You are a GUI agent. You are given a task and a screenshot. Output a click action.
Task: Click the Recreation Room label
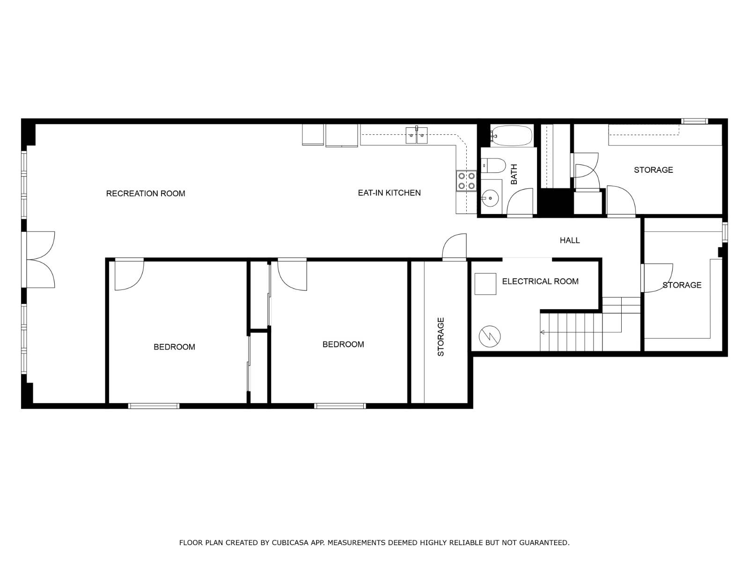[x=146, y=193]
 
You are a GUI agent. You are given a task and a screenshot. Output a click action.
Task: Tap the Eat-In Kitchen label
[x=389, y=193]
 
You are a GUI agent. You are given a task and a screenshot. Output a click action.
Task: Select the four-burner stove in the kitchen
[x=466, y=181]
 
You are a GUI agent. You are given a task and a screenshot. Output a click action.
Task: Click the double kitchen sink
[x=416, y=135]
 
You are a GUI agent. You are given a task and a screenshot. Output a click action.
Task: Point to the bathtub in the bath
[x=512, y=136]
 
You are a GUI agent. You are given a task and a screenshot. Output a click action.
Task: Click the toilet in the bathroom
[x=493, y=165]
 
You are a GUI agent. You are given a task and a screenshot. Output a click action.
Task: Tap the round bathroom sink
[x=490, y=198]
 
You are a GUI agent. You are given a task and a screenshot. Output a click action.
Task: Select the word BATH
[x=514, y=174]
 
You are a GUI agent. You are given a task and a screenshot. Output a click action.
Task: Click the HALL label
[x=570, y=240]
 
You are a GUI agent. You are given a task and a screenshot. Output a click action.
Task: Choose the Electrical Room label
[x=540, y=281]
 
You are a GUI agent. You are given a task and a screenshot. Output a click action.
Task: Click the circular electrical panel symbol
[x=490, y=336]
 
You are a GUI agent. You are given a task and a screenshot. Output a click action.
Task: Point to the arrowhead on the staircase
[x=542, y=332]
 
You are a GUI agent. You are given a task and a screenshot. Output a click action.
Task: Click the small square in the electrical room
[x=485, y=284]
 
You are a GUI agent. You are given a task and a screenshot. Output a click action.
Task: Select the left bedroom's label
[x=174, y=347]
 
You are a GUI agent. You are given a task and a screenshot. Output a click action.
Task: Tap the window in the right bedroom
[x=340, y=406]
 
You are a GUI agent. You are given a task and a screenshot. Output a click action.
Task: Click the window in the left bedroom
[x=154, y=406]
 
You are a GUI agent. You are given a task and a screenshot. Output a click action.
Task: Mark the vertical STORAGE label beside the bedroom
[x=441, y=337]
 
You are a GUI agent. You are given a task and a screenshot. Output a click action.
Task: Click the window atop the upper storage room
[x=694, y=121]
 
